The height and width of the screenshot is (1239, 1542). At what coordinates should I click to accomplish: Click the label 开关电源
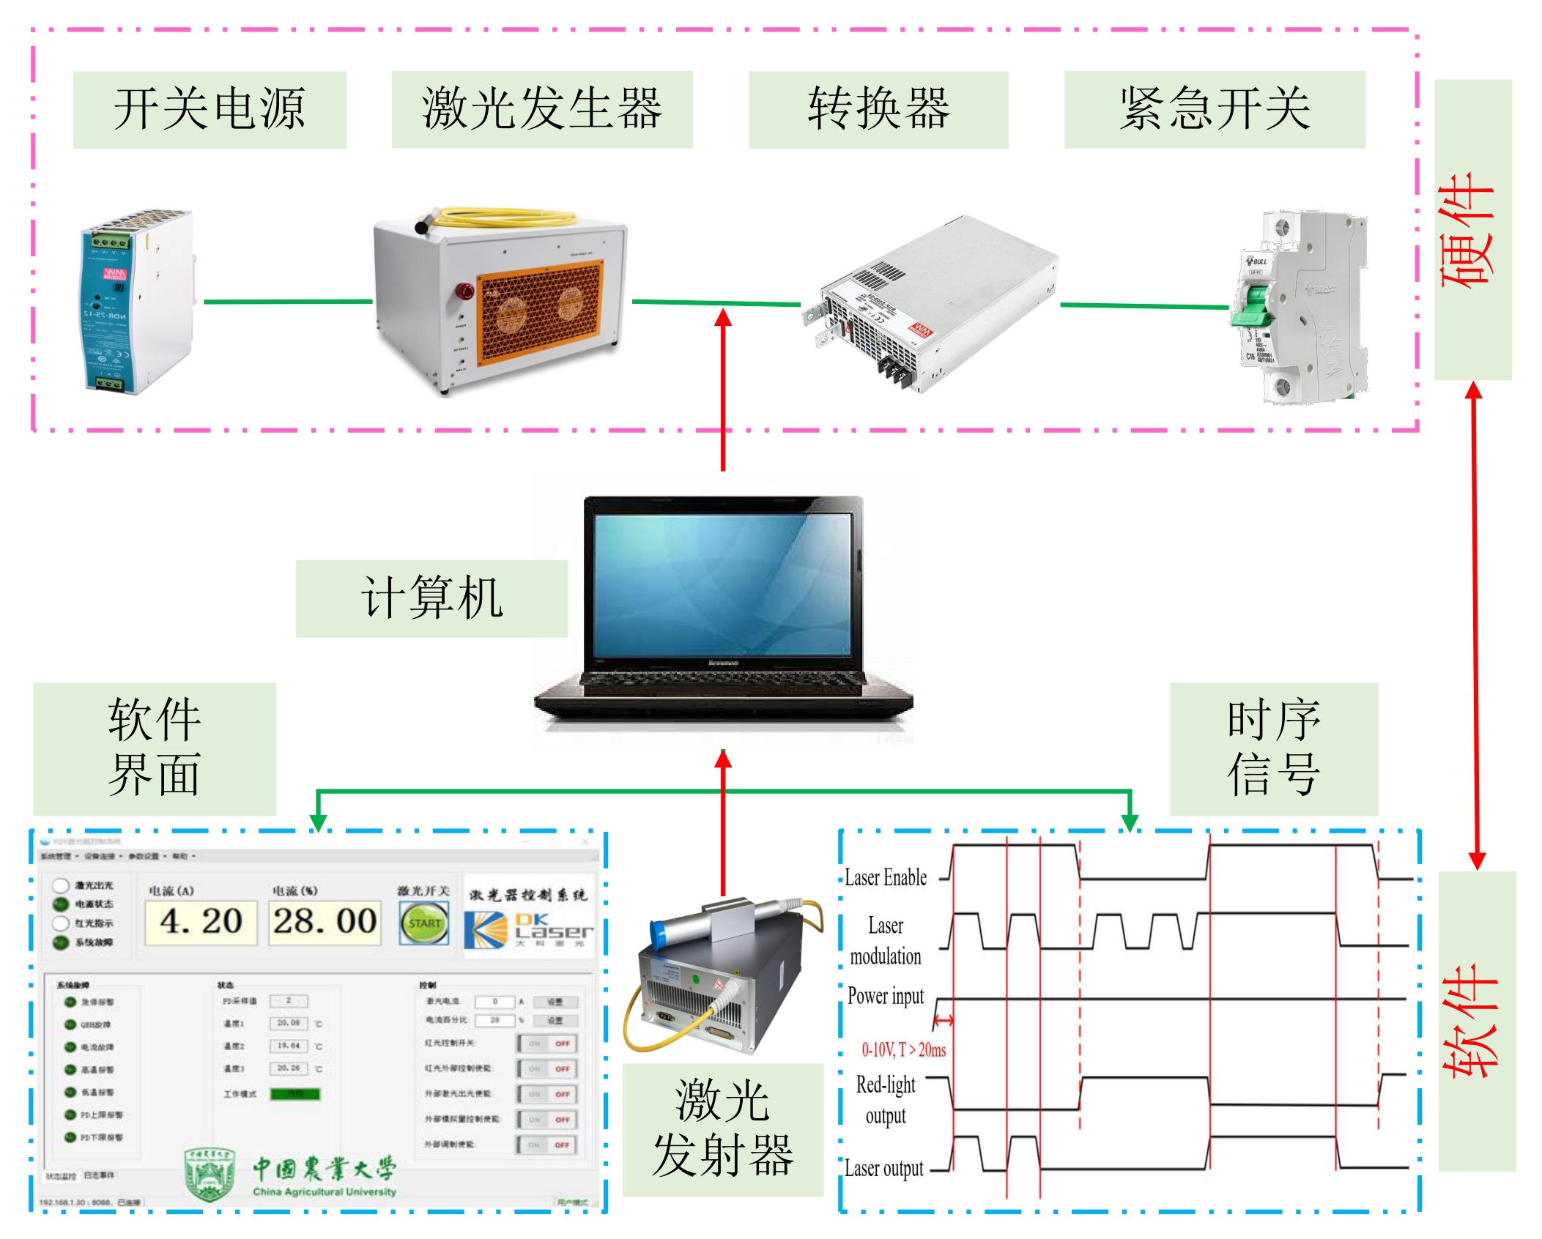(210, 109)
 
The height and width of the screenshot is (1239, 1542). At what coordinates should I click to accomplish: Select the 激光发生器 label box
(541, 109)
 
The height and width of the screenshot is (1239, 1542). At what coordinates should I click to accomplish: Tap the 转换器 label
(878, 109)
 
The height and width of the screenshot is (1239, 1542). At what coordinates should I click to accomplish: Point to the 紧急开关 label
(1214, 109)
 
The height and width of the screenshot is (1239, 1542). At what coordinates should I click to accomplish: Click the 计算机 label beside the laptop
(431, 598)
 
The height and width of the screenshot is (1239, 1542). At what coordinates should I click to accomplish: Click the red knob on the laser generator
(465, 291)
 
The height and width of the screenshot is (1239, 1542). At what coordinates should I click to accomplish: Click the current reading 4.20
(201, 922)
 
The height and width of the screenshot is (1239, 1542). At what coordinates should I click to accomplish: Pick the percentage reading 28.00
(325, 922)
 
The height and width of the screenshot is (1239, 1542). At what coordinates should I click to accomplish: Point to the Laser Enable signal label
(885, 877)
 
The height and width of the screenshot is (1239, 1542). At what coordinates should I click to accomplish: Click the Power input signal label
(885, 996)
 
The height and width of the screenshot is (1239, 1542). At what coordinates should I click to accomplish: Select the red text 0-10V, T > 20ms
(903, 1050)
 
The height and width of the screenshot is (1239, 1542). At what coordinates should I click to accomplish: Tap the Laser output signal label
(883, 1168)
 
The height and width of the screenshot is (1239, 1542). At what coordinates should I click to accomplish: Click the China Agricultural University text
(324, 1191)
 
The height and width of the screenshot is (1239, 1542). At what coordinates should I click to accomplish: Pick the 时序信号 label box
(1273, 748)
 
